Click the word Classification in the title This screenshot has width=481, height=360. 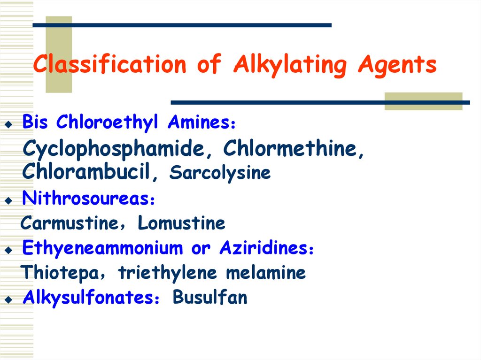109,65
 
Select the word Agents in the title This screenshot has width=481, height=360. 397,65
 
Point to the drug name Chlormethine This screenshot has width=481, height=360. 294,149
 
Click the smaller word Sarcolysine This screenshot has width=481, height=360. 220,173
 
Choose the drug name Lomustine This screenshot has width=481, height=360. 181,223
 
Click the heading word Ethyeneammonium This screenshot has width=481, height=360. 102,248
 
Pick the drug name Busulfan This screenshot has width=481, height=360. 210,298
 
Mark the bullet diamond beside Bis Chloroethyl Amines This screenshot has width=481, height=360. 8,125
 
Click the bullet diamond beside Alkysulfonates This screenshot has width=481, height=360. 8,299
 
